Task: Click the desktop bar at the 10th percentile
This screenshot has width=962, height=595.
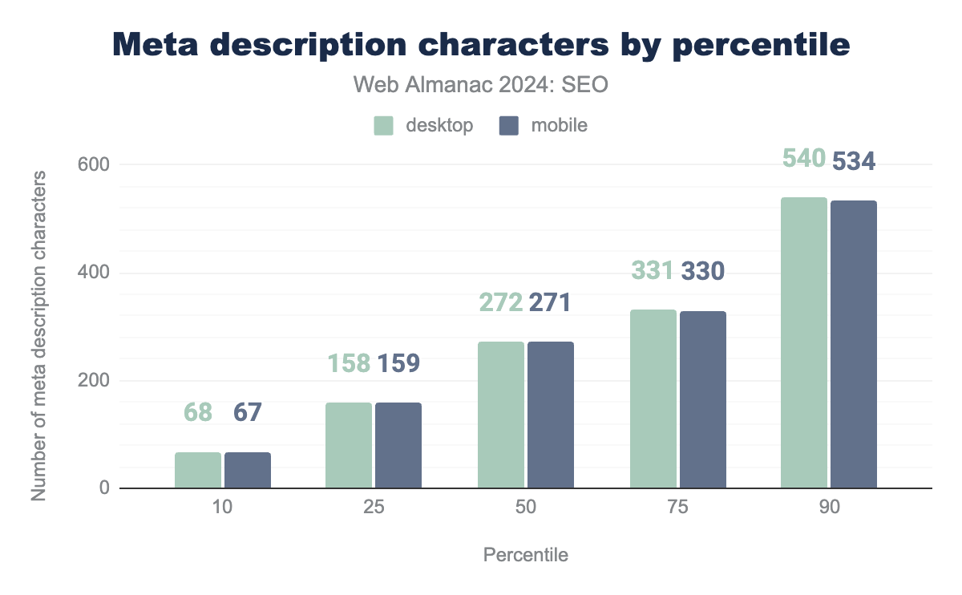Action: pyautogui.click(x=198, y=471)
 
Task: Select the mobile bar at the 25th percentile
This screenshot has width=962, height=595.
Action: pyautogui.click(x=398, y=445)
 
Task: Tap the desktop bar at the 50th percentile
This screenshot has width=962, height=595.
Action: pyautogui.click(x=501, y=415)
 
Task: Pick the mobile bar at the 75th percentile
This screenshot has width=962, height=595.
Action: pyautogui.click(x=703, y=399)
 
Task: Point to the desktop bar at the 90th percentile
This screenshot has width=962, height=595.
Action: pyautogui.click(x=804, y=342)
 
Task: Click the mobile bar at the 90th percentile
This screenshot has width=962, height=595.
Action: pyautogui.click(x=854, y=345)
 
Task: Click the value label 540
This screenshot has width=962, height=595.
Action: pyautogui.click(x=804, y=159)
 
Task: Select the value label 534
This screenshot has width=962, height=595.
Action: pyautogui.click(x=854, y=162)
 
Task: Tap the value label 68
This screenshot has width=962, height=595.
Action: pyautogui.click(x=198, y=412)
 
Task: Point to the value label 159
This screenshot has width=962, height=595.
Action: pyautogui.click(x=398, y=363)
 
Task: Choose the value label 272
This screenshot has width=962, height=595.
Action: pyautogui.click(x=501, y=302)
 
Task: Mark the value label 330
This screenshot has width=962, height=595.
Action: pyautogui.click(x=703, y=272)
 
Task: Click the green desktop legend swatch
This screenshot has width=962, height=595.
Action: pyautogui.click(x=384, y=125)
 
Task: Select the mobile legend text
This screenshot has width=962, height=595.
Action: pyautogui.click(x=560, y=125)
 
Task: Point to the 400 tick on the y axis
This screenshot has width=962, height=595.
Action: pyautogui.click(x=95, y=273)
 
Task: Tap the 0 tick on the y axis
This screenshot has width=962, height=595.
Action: pyautogui.click(x=103, y=488)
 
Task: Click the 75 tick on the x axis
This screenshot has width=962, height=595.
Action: pyautogui.click(x=678, y=508)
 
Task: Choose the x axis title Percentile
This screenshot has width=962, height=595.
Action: pyautogui.click(x=526, y=555)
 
